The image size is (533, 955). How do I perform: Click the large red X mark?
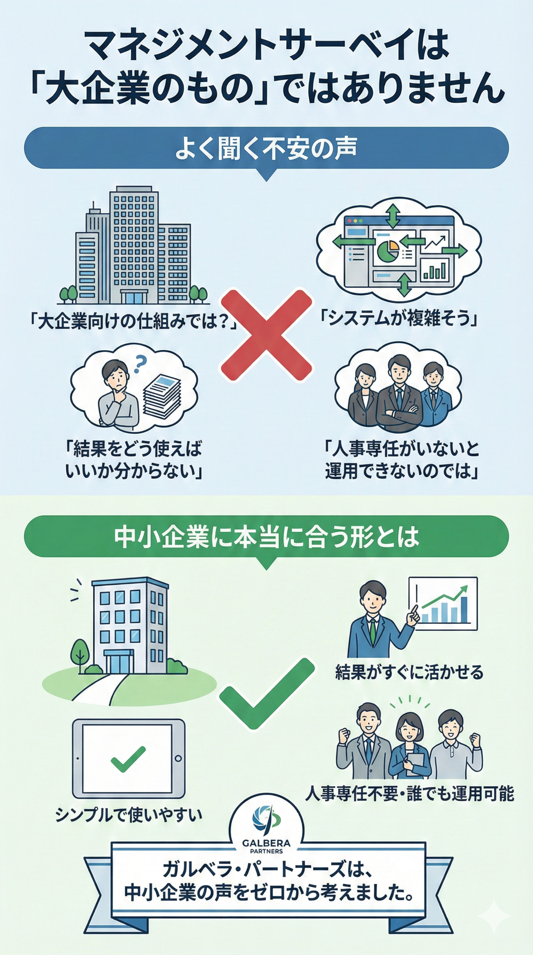[266, 335]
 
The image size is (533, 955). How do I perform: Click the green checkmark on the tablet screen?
[128, 760]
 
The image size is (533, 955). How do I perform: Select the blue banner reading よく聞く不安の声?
[266, 148]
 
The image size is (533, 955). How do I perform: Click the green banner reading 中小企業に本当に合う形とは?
[266, 536]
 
